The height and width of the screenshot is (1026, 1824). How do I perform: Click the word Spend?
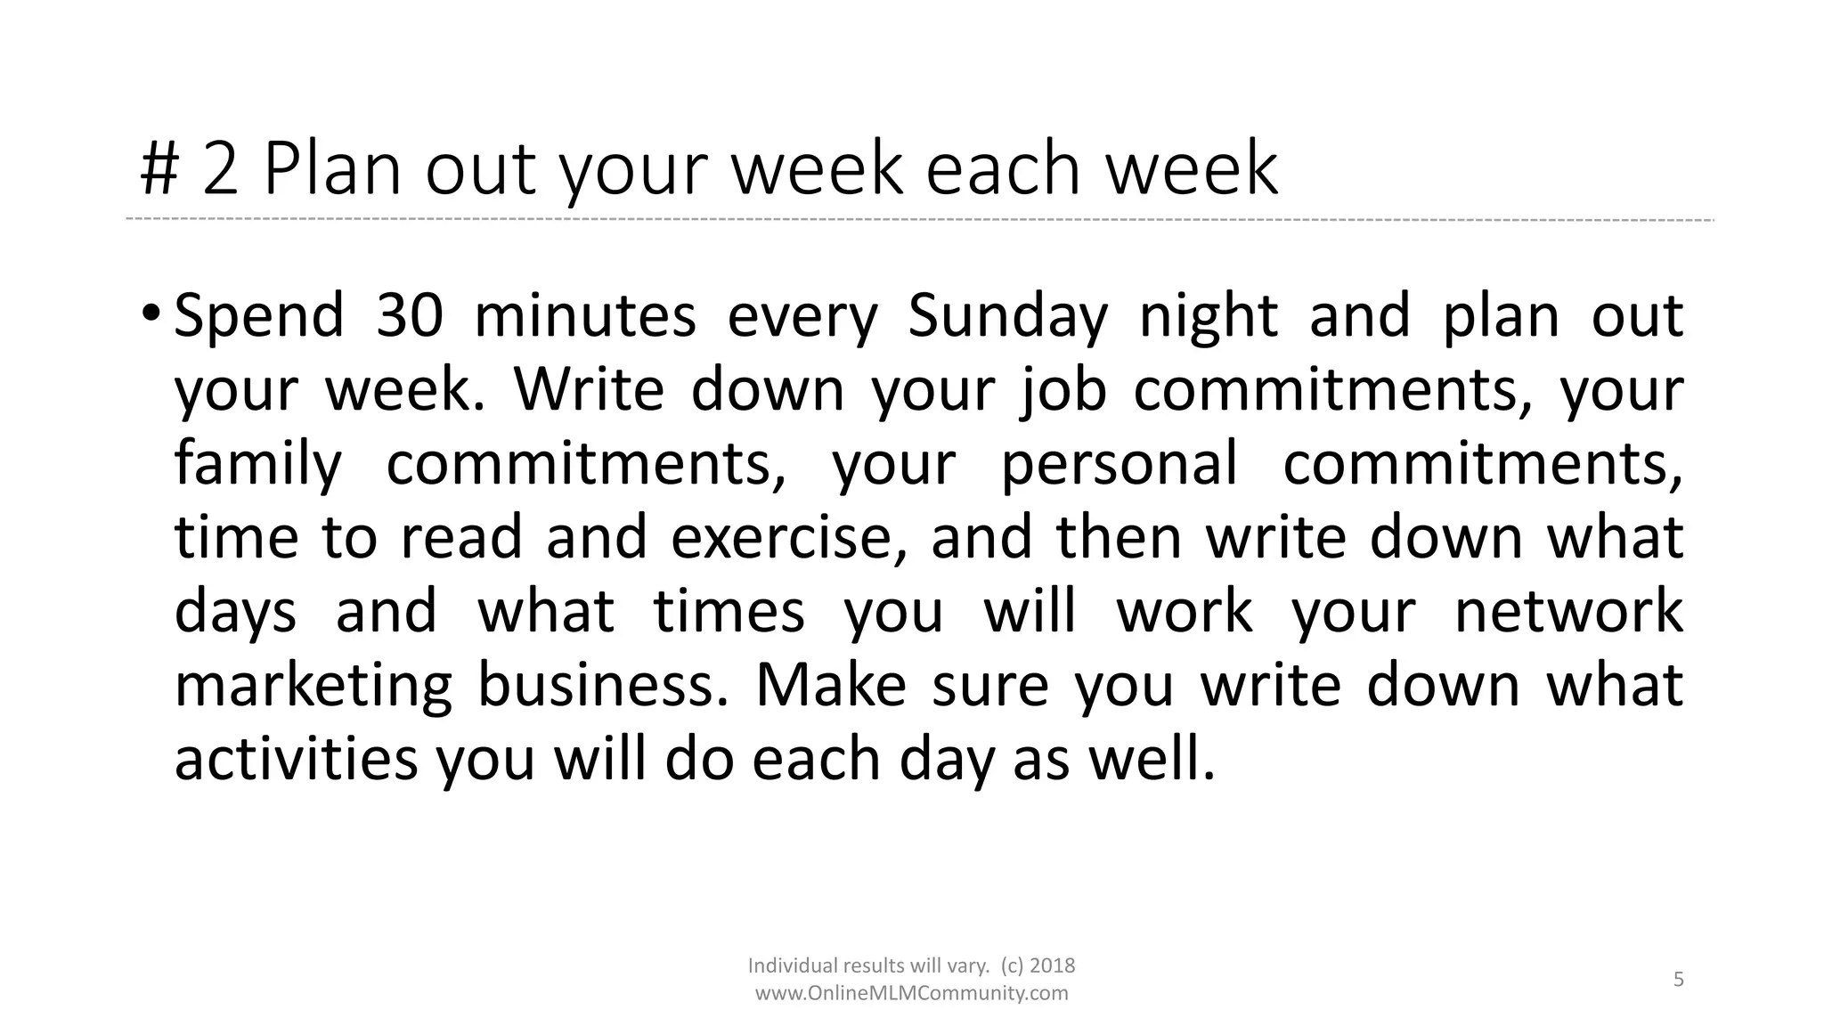pos(258,316)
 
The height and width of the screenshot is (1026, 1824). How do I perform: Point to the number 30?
pos(409,316)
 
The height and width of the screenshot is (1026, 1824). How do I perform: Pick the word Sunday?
pos(1007,316)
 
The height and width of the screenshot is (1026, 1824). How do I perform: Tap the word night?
pos(1209,316)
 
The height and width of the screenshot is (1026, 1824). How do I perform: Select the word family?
pos(257,464)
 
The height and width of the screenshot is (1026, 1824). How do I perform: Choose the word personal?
pos(1120,464)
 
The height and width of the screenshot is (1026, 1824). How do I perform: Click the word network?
pos(1568,612)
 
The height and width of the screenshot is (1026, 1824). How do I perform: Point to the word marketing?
pos(313,686)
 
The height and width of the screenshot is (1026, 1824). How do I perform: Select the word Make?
pos(831,686)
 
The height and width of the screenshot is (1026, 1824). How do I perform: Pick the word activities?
pos(296,760)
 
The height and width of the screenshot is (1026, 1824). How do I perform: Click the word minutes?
pos(584,316)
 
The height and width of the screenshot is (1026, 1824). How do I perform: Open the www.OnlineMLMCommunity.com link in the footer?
pos(911,993)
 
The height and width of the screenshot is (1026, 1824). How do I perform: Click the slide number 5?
pos(1679,980)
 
